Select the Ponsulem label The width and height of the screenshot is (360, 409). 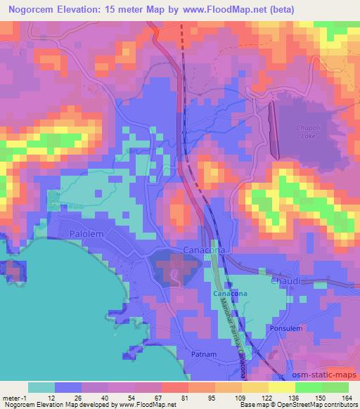click(285, 329)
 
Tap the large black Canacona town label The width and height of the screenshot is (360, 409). click(203, 251)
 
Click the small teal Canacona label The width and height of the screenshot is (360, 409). click(229, 293)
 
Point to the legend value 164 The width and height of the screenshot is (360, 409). click(346, 398)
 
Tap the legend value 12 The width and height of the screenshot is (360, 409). click(51, 398)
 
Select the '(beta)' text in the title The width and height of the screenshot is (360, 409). click(280, 9)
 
